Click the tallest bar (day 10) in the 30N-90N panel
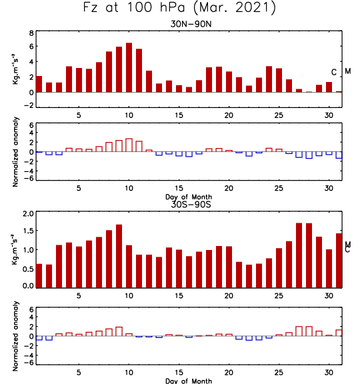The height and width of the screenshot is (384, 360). click(x=129, y=67)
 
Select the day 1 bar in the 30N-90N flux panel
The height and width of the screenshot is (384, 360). click(x=39, y=84)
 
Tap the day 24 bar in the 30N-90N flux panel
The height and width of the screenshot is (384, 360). click(x=269, y=79)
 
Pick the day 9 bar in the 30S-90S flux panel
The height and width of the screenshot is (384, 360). click(x=119, y=256)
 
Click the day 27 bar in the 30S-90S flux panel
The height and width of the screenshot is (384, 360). click(x=299, y=255)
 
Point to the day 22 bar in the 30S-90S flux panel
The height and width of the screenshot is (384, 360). click(x=249, y=276)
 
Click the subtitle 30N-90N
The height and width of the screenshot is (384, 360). click(x=191, y=24)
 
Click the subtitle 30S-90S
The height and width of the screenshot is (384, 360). click(x=191, y=205)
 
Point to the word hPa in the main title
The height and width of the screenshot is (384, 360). click(x=173, y=7)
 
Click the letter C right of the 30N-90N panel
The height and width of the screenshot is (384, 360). click(x=334, y=72)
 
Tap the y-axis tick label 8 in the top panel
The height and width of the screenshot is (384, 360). click(x=31, y=33)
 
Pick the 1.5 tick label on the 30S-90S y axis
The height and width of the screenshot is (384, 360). click(x=28, y=231)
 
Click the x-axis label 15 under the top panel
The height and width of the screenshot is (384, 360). click(x=179, y=115)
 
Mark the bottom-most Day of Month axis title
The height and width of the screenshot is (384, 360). click(x=189, y=381)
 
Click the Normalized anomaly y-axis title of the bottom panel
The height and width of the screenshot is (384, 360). click(x=15, y=336)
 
